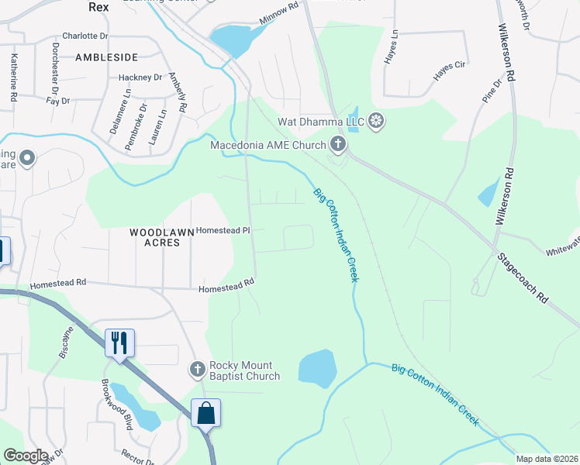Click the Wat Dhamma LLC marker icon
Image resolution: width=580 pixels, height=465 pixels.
pyautogui.click(x=376, y=121)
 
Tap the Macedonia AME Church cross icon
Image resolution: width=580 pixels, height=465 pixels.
pyautogui.click(x=337, y=143)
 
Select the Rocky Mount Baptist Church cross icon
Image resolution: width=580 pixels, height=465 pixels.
pyautogui.click(x=199, y=370)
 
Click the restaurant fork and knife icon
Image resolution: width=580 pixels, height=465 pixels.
pyautogui.click(x=119, y=342)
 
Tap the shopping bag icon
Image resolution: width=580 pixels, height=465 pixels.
pyautogui.click(x=206, y=412)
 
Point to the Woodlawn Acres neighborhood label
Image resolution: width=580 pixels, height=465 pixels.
pyautogui.click(x=154, y=237)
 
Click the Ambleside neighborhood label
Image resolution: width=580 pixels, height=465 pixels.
pyautogui.click(x=106, y=57)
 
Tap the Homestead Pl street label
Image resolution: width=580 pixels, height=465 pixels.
pyautogui.click(x=223, y=230)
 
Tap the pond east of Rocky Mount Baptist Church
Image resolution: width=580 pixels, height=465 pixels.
pyautogui.click(x=317, y=368)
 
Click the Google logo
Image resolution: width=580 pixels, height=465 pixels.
pyautogui.click(x=25, y=456)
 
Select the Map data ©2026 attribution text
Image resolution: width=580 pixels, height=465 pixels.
pyautogui.click(x=546, y=459)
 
